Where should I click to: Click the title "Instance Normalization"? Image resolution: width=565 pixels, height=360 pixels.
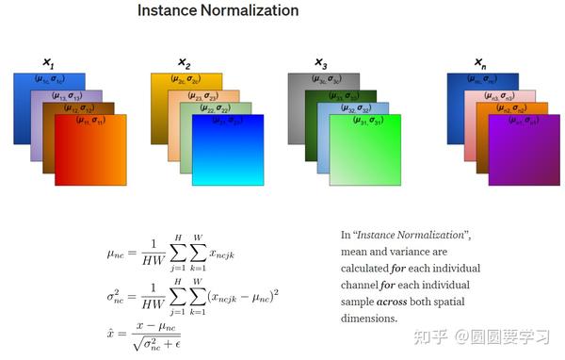[x=218, y=11]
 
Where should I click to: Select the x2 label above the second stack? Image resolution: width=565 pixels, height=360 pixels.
[x=184, y=64]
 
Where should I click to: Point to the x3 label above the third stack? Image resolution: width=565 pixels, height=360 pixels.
[x=321, y=64]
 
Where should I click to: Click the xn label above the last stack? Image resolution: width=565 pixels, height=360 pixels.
[x=479, y=64]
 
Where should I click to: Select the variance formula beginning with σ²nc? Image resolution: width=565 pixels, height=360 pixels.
[x=192, y=298]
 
